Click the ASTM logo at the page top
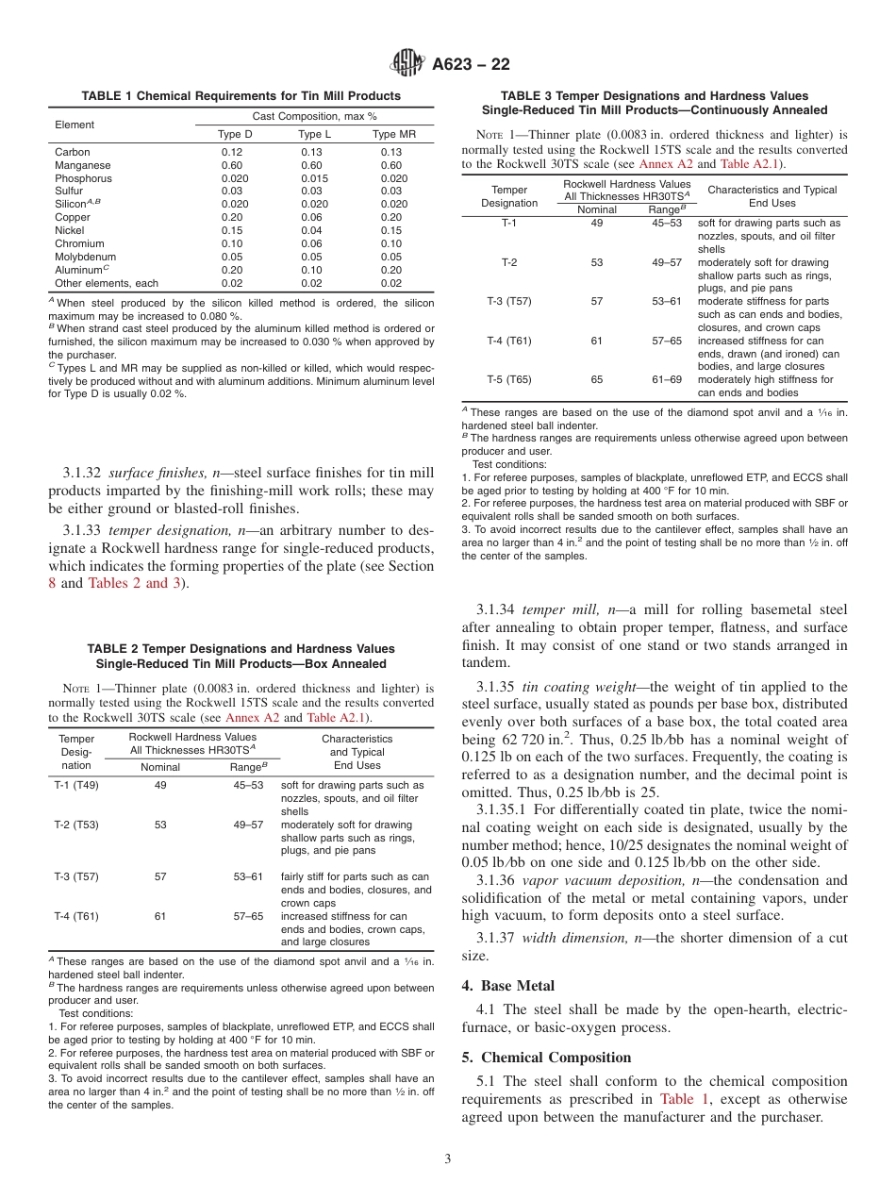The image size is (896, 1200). pyautogui.click(x=408, y=64)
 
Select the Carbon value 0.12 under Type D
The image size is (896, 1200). pyautogui.click(x=232, y=152)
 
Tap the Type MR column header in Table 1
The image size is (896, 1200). pyautogui.click(x=394, y=135)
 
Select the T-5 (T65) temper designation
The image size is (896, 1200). pyautogui.click(x=509, y=379)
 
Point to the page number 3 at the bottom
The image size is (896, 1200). pyautogui.click(x=447, y=1158)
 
